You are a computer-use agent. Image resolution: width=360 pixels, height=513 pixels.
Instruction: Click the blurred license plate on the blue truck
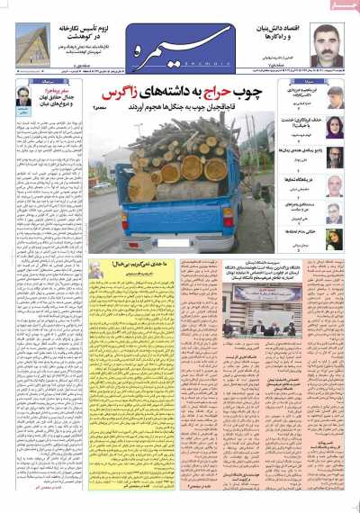(x=181, y=243)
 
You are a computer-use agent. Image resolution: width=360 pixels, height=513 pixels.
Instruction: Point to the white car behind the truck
(x=103, y=186)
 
